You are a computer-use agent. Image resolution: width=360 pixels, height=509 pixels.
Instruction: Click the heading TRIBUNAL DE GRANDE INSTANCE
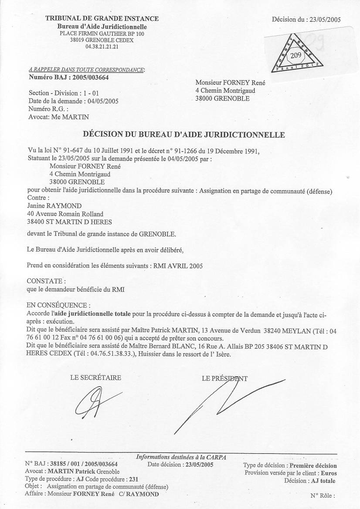[x=102, y=19]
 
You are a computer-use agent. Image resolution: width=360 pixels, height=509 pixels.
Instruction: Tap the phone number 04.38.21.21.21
[x=102, y=47]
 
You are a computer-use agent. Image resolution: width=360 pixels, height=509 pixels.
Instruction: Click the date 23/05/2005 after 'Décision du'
[x=325, y=19]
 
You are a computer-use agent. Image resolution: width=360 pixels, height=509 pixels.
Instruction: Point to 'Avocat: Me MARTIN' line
[x=58, y=117]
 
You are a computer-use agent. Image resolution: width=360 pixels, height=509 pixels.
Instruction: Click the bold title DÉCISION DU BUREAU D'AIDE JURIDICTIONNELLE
[x=184, y=135]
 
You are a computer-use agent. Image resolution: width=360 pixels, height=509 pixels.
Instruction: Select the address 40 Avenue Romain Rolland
[x=65, y=213]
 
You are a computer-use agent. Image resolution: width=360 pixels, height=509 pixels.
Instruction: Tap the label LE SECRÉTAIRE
[x=95, y=378]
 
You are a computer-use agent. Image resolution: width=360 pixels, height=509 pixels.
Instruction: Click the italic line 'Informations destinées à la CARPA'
[x=181, y=457]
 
